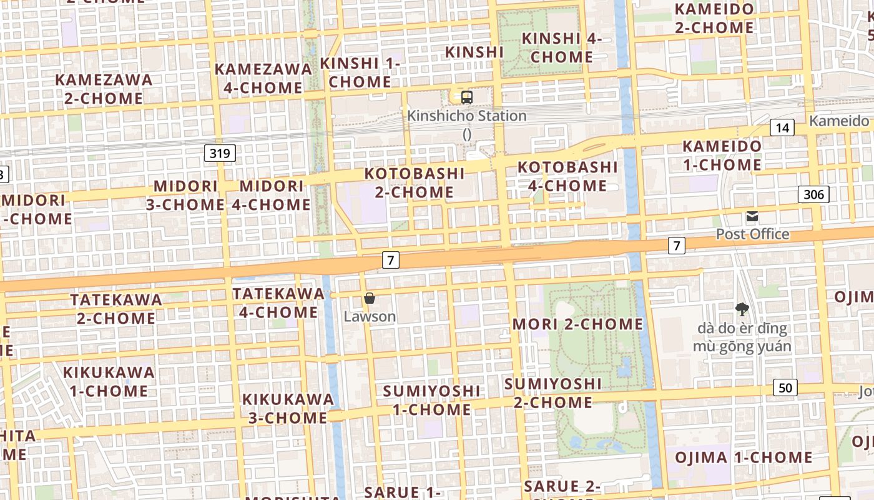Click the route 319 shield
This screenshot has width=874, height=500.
[220, 152]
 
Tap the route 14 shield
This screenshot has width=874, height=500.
[782, 128]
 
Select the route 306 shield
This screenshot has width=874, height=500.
[813, 194]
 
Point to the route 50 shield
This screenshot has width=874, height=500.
[785, 387]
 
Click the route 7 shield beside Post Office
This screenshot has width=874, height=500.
[676, 246]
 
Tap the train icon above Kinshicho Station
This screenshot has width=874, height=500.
[467, 97]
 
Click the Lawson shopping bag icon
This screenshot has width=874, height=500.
[370, 298]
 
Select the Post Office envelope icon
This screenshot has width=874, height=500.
[752, 217]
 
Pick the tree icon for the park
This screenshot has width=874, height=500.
[742, 309]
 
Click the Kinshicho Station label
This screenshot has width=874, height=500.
[467, 116]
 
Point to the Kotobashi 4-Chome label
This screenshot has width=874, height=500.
[567, 176]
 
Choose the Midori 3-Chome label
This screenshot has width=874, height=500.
[185, 195]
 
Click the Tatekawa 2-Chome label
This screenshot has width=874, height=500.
[116, 309]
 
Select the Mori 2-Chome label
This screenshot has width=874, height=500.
[577, 324]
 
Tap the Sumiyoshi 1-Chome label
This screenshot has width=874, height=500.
[432, 400]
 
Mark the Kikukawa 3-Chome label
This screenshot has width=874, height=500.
[288, 408]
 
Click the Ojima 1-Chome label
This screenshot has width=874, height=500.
[744, 457]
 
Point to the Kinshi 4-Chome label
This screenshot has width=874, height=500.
[561, 47]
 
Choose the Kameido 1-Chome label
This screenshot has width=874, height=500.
[722, 156]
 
